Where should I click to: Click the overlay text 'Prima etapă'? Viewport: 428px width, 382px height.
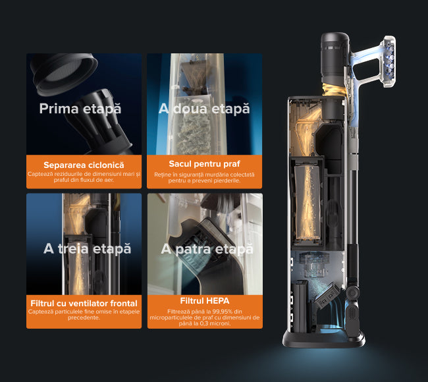coord(80,109)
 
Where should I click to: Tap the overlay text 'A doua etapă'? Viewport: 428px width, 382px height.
coord(204,109)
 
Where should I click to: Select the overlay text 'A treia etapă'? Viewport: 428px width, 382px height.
coord(87,249)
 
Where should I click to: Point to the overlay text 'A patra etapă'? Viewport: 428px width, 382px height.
coord(207,249)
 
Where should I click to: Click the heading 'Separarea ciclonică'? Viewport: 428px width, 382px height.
coord(84,165)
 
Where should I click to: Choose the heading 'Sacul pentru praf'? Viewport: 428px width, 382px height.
coord(204,164)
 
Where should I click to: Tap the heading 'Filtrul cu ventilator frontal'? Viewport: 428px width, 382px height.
coord(84,304)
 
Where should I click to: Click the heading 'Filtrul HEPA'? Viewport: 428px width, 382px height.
coord(205,301)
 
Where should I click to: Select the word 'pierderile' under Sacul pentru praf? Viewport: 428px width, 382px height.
coord(227,180)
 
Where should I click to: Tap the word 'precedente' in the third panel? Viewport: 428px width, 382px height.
coord(84,317)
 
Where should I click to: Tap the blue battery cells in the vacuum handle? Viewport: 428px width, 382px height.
coord(389,61)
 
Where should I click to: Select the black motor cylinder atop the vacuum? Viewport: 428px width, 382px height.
coord(334,58)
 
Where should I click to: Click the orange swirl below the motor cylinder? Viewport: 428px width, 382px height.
coord(333,90)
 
